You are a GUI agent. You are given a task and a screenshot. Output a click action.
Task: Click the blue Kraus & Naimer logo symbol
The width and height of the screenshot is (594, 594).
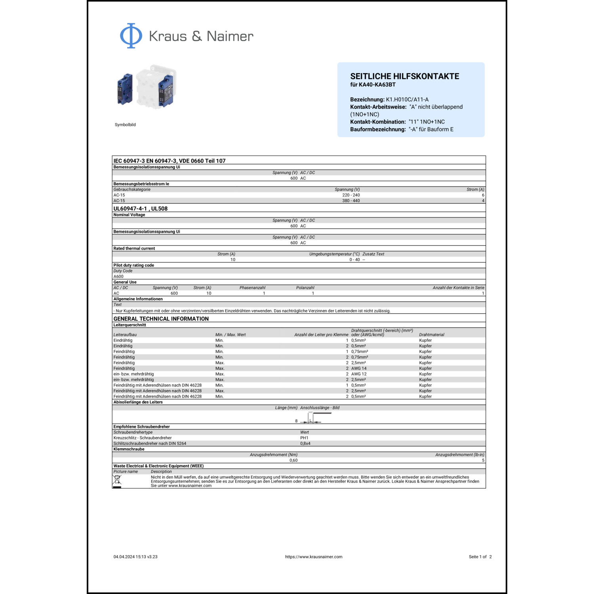click(131, 36)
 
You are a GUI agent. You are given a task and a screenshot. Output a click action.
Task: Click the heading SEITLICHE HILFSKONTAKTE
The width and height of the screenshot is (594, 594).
click(404, 76)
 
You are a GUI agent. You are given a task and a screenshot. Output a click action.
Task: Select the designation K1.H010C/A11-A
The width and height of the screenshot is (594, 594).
click(407, 99)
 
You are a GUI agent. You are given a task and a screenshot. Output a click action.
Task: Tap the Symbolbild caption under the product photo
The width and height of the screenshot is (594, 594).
click(125, 125)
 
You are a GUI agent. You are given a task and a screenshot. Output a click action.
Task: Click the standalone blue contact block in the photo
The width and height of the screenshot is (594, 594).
click(125, 89)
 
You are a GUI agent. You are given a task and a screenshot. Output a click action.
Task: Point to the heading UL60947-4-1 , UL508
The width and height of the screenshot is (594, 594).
click(140, 209)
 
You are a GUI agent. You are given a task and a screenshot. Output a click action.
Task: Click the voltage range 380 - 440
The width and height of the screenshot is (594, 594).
click(351, 201)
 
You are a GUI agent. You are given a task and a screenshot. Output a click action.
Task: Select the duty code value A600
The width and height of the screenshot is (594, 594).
click(118, 276)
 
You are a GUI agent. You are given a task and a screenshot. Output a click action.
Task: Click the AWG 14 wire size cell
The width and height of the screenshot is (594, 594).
click(359, 368)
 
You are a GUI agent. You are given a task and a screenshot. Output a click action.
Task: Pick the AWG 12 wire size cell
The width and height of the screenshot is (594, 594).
click(359, 374)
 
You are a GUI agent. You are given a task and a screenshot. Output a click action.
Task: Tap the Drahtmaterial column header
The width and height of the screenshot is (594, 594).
click(431, 335)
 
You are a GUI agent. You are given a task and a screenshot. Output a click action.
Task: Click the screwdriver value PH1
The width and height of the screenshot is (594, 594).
click(304, 438)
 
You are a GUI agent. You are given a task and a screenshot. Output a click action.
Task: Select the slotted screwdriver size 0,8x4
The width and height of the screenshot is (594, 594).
click(305, 444)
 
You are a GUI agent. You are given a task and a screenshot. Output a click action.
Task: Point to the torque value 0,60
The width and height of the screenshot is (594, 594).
click(293, 460)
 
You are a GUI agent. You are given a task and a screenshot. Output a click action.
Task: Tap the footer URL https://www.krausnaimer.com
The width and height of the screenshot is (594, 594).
click(314, 557)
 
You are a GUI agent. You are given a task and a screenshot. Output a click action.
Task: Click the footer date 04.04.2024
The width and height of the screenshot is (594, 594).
click(124, 557)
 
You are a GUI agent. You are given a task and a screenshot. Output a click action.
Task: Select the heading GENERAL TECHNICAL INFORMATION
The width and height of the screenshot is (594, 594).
click(161, 319)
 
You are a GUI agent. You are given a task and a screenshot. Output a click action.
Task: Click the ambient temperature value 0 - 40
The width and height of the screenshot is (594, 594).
click(354, 260)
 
